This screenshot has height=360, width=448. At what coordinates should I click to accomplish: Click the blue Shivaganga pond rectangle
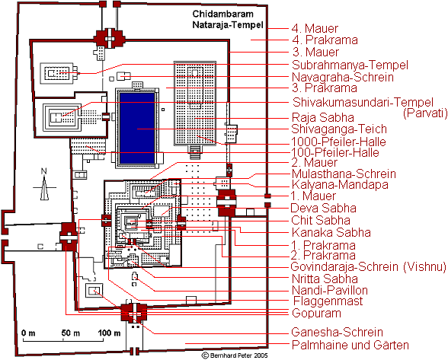tap(137, 128)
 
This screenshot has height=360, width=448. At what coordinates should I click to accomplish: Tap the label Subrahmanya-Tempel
tap(350, 65)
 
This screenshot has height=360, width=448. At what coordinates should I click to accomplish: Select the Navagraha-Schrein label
tap(343, 77)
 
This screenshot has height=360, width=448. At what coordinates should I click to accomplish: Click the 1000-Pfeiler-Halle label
tap(338, 142)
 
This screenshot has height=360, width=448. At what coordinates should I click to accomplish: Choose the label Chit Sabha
tap(321, 220)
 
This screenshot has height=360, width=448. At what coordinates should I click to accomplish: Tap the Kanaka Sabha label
tap(331, 232)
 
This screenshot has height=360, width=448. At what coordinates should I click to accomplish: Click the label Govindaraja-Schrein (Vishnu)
tap(368, 266)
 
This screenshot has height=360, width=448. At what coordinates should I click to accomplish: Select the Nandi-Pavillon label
tap(330, 290)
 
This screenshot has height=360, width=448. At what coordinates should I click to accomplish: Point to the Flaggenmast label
tap(328, 301)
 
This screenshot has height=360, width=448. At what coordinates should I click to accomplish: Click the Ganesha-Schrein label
tap(337, 333)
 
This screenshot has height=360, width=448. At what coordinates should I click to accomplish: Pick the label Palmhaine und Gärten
tap(350, 345)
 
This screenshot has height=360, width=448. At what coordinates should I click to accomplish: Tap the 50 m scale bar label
tap(71, 333)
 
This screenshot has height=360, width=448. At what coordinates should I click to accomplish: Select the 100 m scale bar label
tap(109, 333)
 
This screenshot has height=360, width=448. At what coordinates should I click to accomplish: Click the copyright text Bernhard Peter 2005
tap(235, 355)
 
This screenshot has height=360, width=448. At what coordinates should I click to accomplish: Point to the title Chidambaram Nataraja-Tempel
tap(227, 20)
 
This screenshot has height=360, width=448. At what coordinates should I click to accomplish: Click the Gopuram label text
tap(316, 313)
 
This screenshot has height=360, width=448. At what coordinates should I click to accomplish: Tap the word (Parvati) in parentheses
tap(425, 113)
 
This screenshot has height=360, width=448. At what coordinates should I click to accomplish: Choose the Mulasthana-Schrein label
tap(344, 174)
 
